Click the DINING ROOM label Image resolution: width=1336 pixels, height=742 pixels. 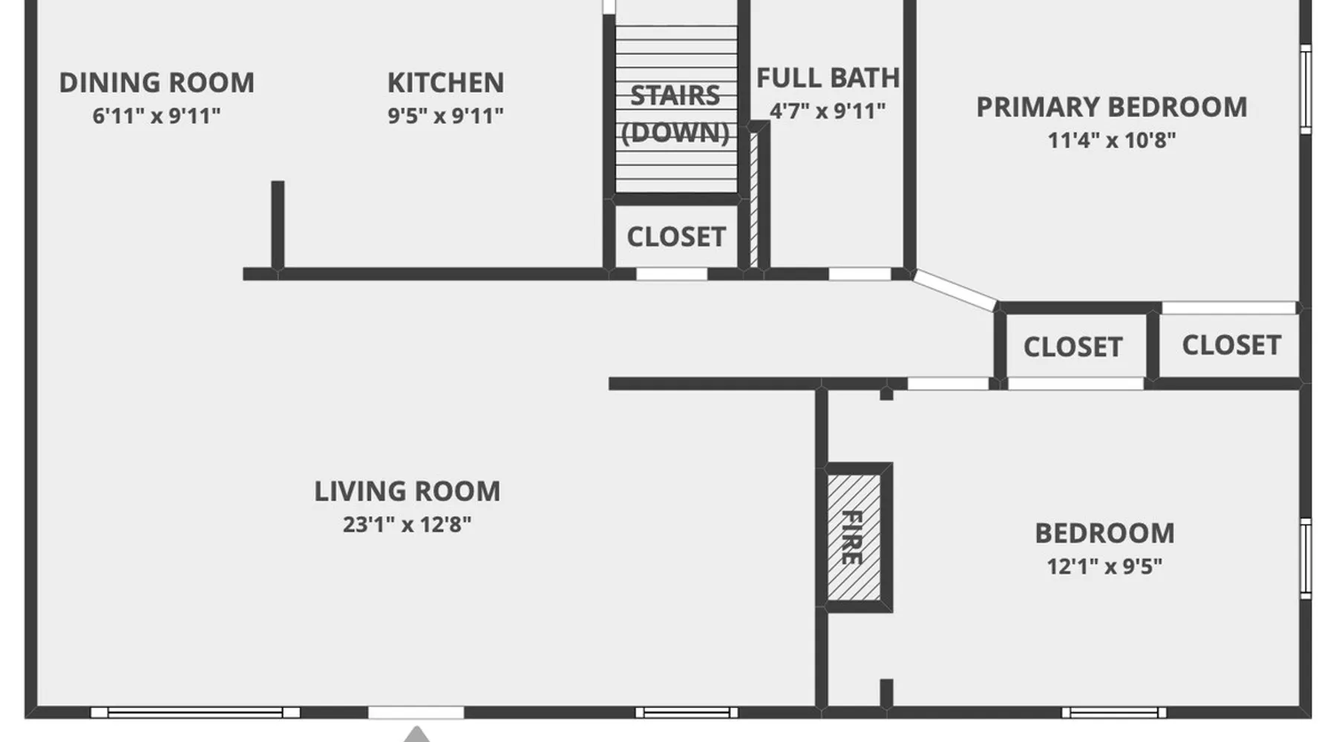[157, 82]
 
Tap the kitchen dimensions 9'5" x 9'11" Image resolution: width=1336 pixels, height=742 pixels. [445, 116]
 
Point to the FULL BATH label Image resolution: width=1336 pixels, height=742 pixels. [828, 78]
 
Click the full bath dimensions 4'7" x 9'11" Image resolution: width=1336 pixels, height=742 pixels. [828, 111]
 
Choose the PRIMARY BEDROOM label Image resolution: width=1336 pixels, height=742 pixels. [1111, 107]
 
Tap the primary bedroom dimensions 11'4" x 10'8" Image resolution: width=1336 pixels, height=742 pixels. [1111, 140]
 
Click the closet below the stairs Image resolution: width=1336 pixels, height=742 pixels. [676, 237]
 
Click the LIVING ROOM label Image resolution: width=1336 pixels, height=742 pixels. [407, 491]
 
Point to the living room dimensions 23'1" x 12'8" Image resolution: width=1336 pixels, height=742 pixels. [407, 525]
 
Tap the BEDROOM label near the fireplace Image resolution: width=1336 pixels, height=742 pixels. [1104, 533]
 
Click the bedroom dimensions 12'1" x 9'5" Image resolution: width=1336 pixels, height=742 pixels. [1104, 567]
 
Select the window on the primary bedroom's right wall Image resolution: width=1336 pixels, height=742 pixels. [1306, 89]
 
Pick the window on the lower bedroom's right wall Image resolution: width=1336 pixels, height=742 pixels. [1306, 559]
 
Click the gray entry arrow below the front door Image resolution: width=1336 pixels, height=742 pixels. [416, 735]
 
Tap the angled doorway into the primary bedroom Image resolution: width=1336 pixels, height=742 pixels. [955, 290]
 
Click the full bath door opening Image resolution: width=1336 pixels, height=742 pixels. [859, 275]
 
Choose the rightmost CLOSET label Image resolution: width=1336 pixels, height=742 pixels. [1231, 345]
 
